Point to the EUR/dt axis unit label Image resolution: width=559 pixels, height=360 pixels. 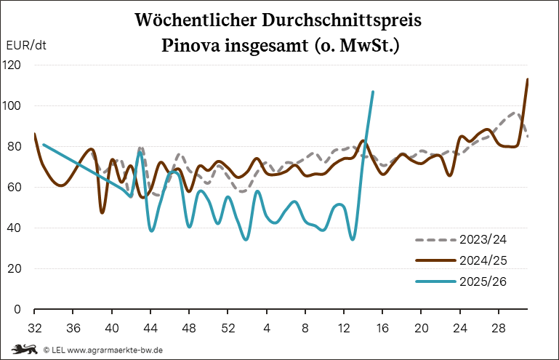26,44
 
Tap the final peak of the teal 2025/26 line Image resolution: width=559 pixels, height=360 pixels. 373,92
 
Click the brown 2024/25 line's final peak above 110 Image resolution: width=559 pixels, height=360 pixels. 528,79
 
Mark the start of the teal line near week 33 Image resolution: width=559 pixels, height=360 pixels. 44,144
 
